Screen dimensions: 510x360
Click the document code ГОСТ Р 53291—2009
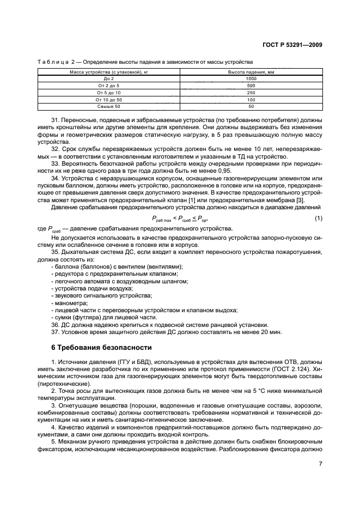pos(292,46)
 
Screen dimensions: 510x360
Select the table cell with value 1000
pos(252,79)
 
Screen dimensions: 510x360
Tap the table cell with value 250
pos(252,93)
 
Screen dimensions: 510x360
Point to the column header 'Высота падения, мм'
pos(252,72)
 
